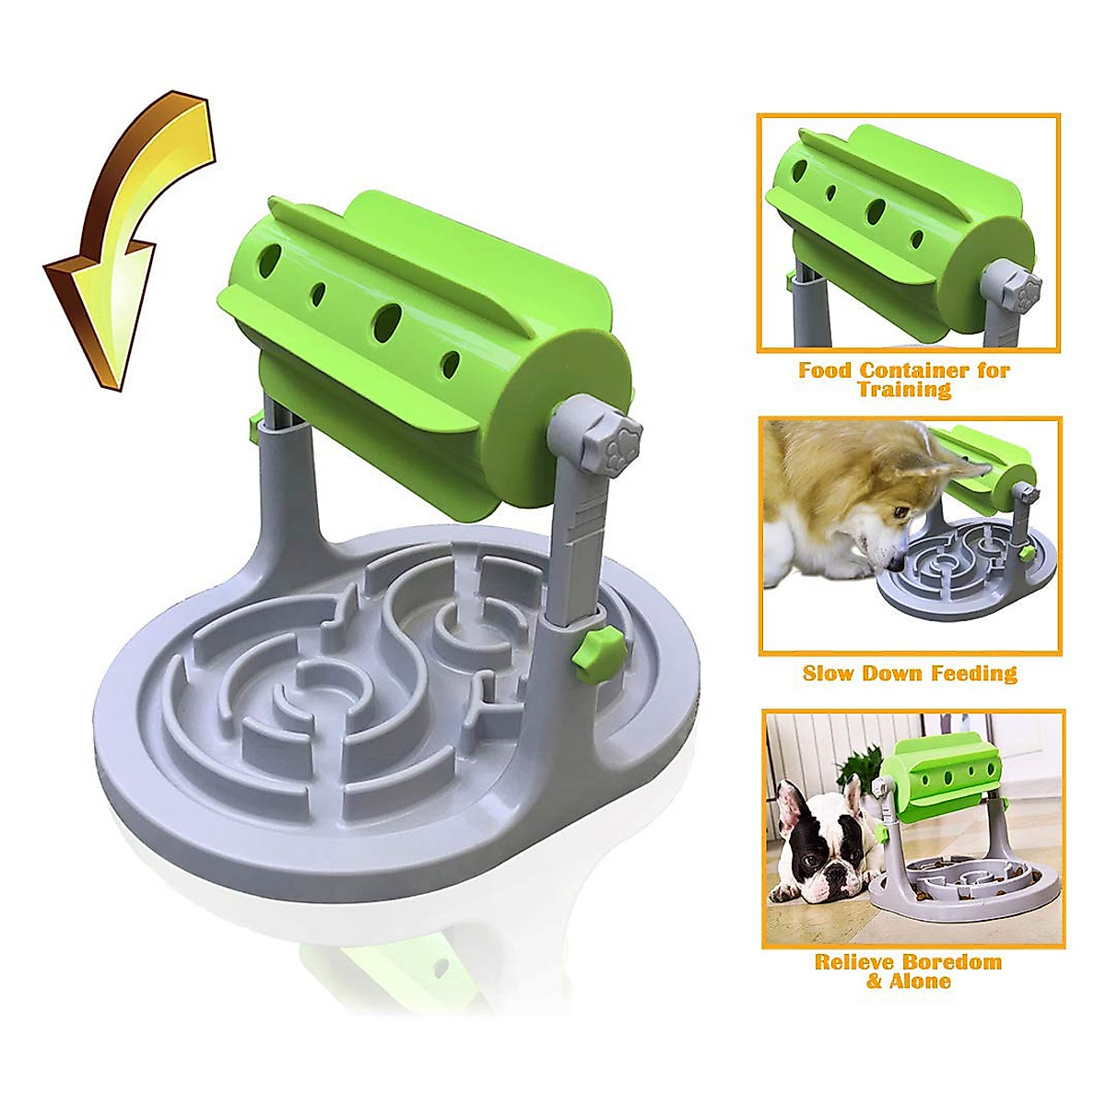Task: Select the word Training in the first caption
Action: coord(904,390)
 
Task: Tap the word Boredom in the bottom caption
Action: coord(948,962)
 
